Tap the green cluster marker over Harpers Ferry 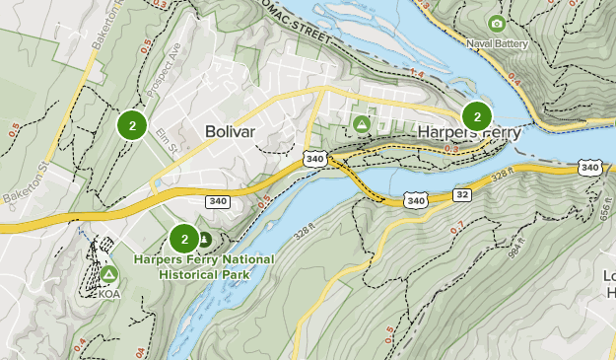pyautogui.click(x=477, y=116)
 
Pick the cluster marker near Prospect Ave pyautogui.click(x=132, y=124)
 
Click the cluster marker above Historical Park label pyautogui.click(x=184, y=238)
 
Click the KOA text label pyautogui.click(x=108, y=293)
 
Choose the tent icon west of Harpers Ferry pyautogui.click(x=362, y=123)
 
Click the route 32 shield pyautogui.click(x=461, y=195)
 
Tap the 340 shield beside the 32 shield pyautogui.click(x=416, y=200)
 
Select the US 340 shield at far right pyautogui.click(x=590, y=168)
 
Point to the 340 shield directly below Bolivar pyautogui.click(x=218, y=201)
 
